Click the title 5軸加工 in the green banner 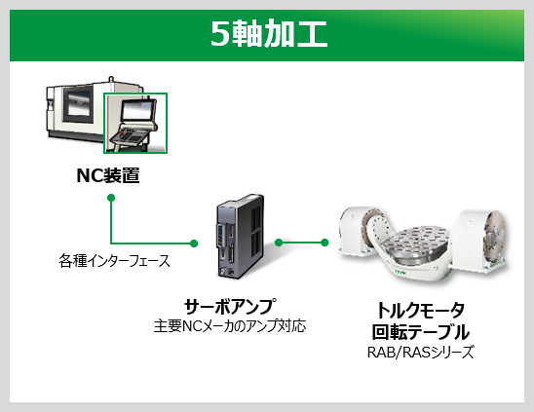[269, 33]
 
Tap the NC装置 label [108, 175]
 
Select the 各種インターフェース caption [114, 261]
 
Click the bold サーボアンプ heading [230, 306]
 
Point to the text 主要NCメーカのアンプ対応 [230, 326]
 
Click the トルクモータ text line [421, 310]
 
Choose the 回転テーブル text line [421, 332]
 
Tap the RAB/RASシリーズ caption [421, 352]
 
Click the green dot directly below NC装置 [111, 198]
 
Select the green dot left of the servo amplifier [194, 243]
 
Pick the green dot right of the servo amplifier [279, 243]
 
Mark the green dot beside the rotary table [324, 243]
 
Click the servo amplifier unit [240, 236]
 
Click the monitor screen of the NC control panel [138, 110]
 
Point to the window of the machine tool [78, 104]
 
